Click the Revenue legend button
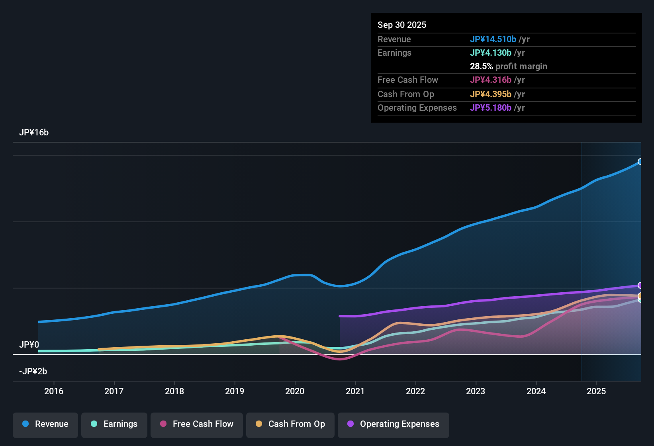[45, 424]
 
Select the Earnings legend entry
[114, 424]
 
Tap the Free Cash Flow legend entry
[197, 424]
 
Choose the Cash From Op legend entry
[290, 424]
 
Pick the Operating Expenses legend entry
[394, 424]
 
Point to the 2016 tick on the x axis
[54, 391]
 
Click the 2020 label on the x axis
[295, 391]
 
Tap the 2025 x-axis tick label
[596, 391]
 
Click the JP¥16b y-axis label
[34, 133]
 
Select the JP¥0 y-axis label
[29, 345]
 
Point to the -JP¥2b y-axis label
[33, 372]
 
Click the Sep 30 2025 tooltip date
[402, 25]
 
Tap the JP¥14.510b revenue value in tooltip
[493, 39]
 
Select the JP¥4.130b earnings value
[490, 53]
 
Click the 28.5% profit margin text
[508, 66]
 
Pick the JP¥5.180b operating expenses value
[490, 108]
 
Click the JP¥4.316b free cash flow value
[490, 80]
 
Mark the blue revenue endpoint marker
[640, 162]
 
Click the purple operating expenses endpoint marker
[640, 286]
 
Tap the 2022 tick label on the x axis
[415, 391]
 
